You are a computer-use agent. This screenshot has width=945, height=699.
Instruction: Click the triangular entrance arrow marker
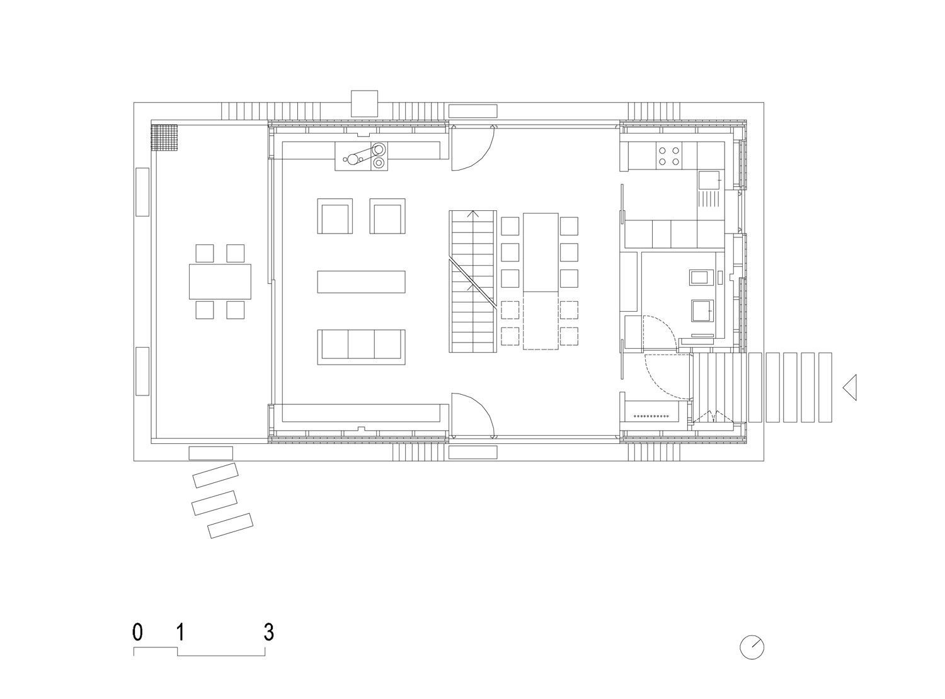[850, 387]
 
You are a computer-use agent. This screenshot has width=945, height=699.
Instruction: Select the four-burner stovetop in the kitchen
[668, 156]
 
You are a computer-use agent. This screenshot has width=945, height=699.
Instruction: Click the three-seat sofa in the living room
[361, 347]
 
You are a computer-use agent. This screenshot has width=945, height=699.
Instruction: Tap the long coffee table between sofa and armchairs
[361, 282]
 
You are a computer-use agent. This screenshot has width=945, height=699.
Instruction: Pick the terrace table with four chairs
[220, 281]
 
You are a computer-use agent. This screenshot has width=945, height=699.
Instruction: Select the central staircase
[472, 281]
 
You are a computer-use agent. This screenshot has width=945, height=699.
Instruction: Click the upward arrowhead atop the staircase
[472, 213]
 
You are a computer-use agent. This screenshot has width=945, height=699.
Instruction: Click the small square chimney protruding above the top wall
[364, 103]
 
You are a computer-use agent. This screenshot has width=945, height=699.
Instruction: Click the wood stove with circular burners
[361, 156]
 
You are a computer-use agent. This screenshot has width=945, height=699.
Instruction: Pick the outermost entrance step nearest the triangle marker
[825, 387]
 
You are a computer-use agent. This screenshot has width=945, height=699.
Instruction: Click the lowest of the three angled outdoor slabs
[230, 526]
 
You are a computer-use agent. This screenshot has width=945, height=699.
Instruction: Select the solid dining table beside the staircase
[541, 253]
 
